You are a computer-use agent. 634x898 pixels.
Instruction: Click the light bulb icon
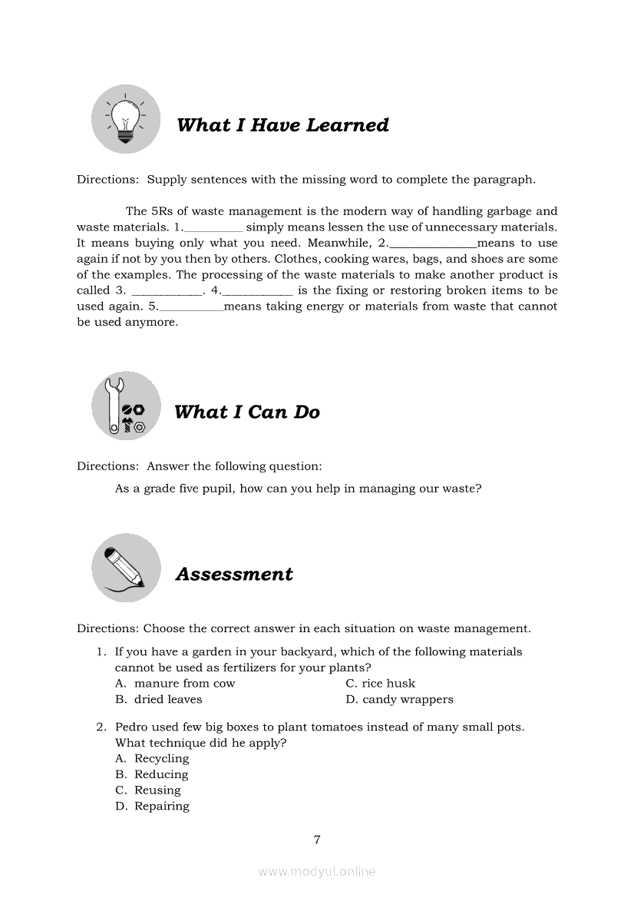pos(125,119)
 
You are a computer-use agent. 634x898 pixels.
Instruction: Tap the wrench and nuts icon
pos(126,406)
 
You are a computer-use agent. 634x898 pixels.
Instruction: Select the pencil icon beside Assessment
pos(126,568)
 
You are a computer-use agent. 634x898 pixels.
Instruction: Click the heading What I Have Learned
pos(282,125)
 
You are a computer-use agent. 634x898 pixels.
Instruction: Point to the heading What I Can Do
pos(246,413)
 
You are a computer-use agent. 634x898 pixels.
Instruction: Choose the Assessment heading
pos(234,575)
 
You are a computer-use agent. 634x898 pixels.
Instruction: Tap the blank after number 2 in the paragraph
pos(433,244)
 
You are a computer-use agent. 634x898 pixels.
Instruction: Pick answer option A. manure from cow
pos(176,684)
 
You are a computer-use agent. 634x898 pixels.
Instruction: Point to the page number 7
pos(317,840)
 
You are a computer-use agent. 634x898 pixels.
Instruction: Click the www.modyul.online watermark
pos(317,872)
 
